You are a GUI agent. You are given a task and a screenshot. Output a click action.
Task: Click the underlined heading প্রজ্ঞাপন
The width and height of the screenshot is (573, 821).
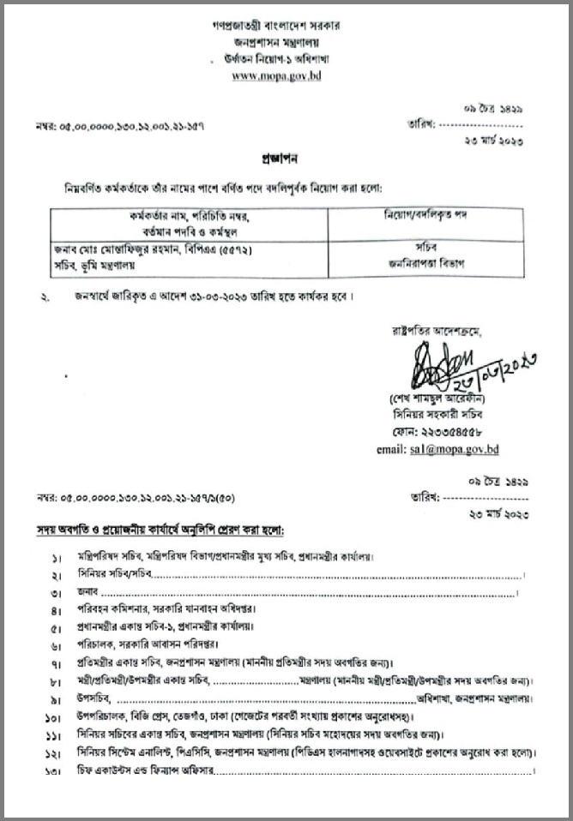(286, 160)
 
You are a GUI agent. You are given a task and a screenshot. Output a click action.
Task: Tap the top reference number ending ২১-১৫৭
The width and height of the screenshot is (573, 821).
(121, 125)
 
